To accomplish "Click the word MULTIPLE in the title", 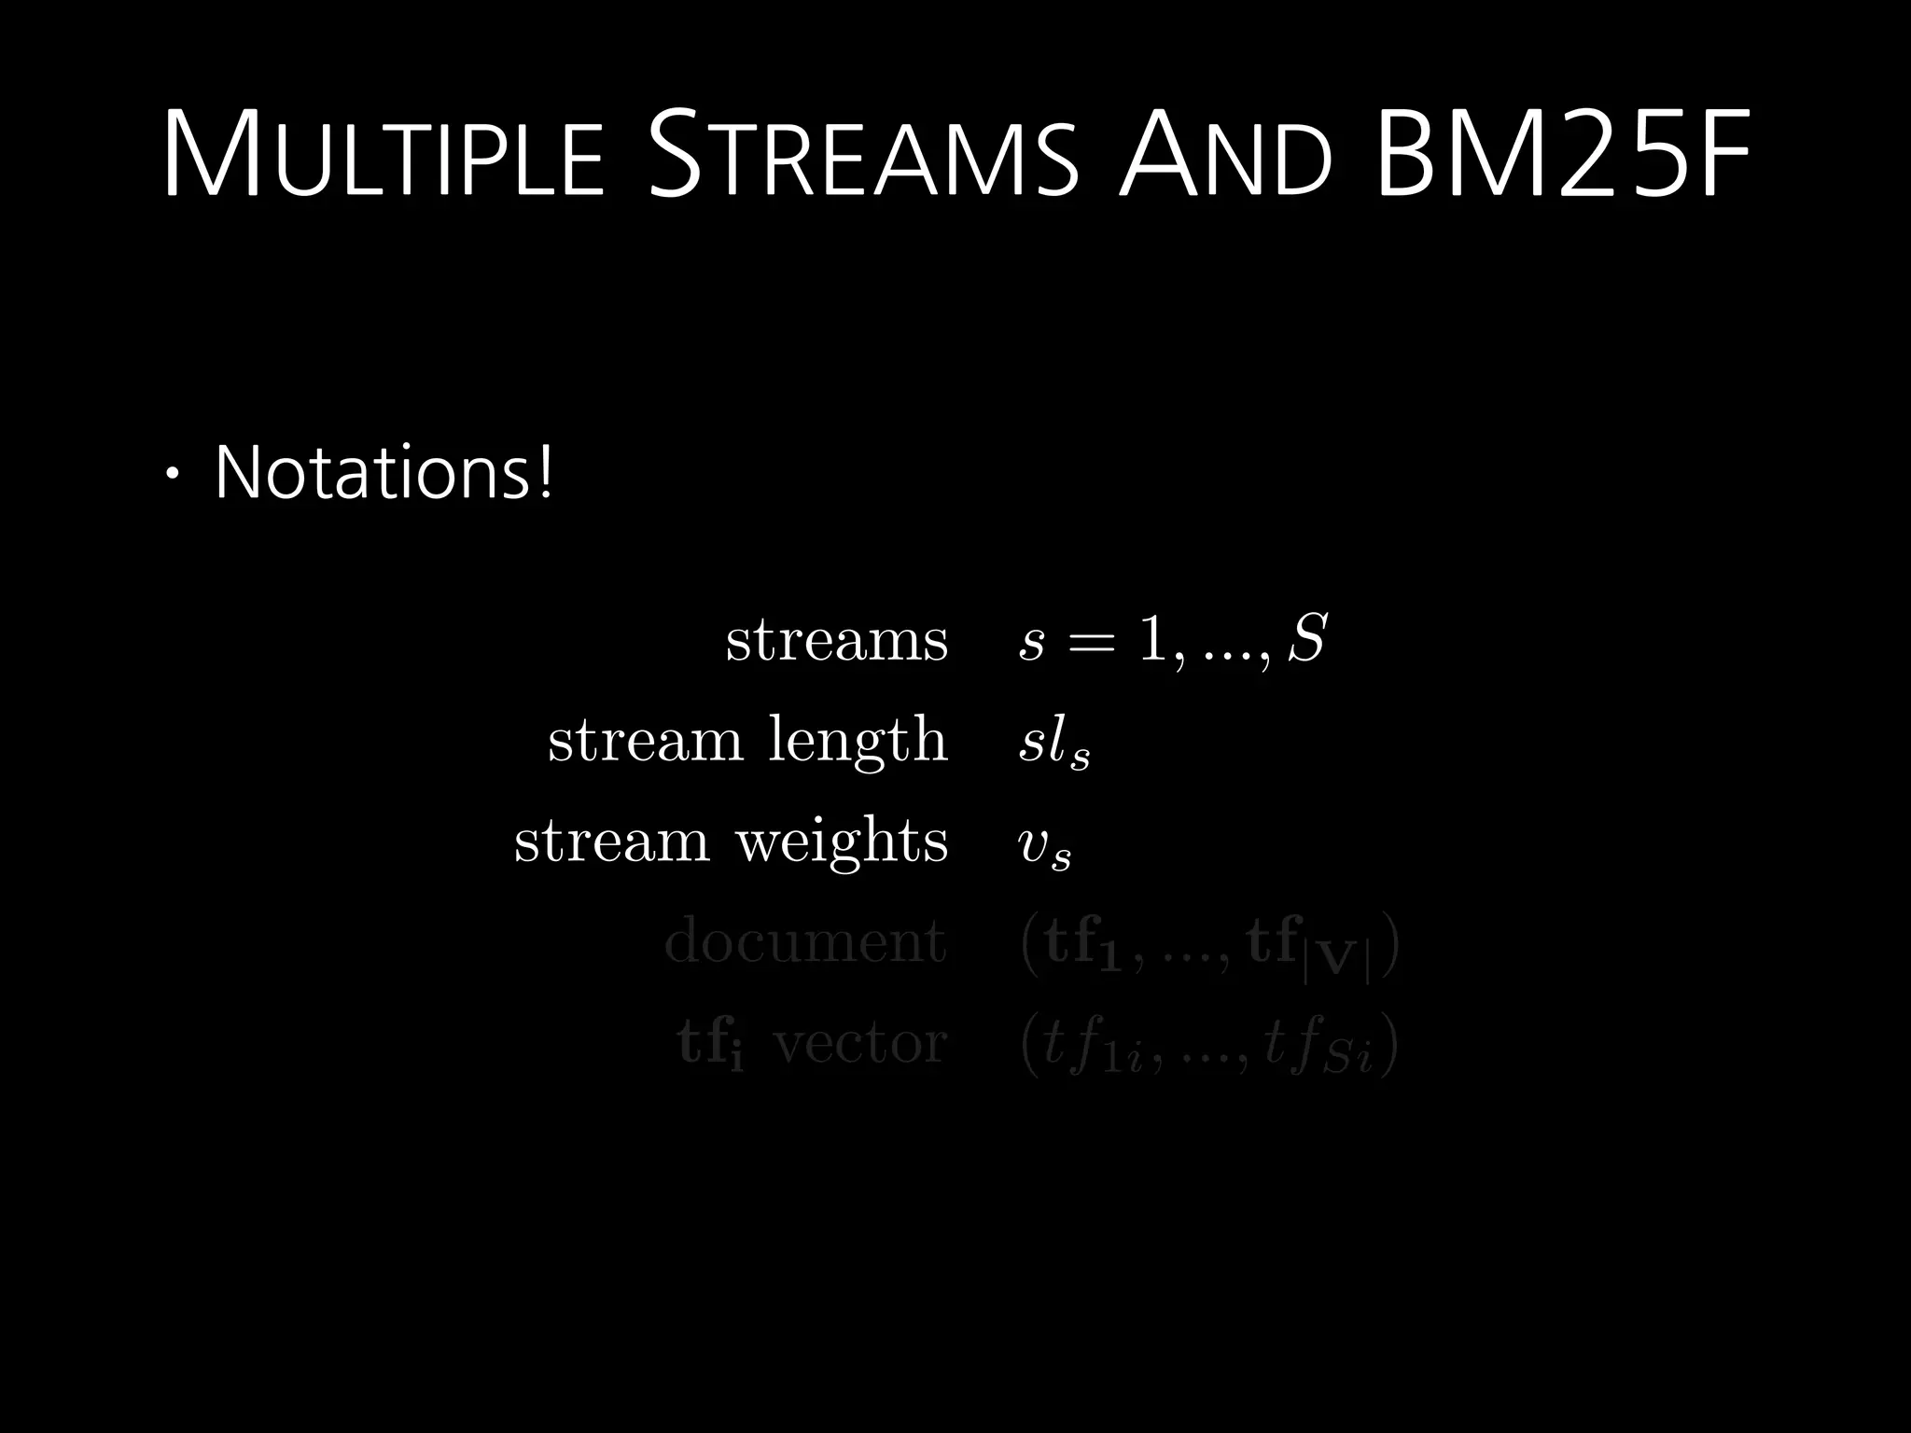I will click(x=384, y=156).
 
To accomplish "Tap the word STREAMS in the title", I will click(x=863, y=156).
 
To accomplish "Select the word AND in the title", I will click(x=1225, y=156).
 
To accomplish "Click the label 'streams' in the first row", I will click(x=837, y=641).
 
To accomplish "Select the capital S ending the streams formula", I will click(x=1306, y=640).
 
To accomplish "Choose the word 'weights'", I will click(x=842, y=842).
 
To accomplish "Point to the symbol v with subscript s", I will click(x=1044, y=846).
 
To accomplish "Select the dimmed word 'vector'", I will click(x=859, y=1043).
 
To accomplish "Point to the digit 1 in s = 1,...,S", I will click(x=1151, y=641).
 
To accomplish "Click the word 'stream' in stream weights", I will click(x=612, y=842).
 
